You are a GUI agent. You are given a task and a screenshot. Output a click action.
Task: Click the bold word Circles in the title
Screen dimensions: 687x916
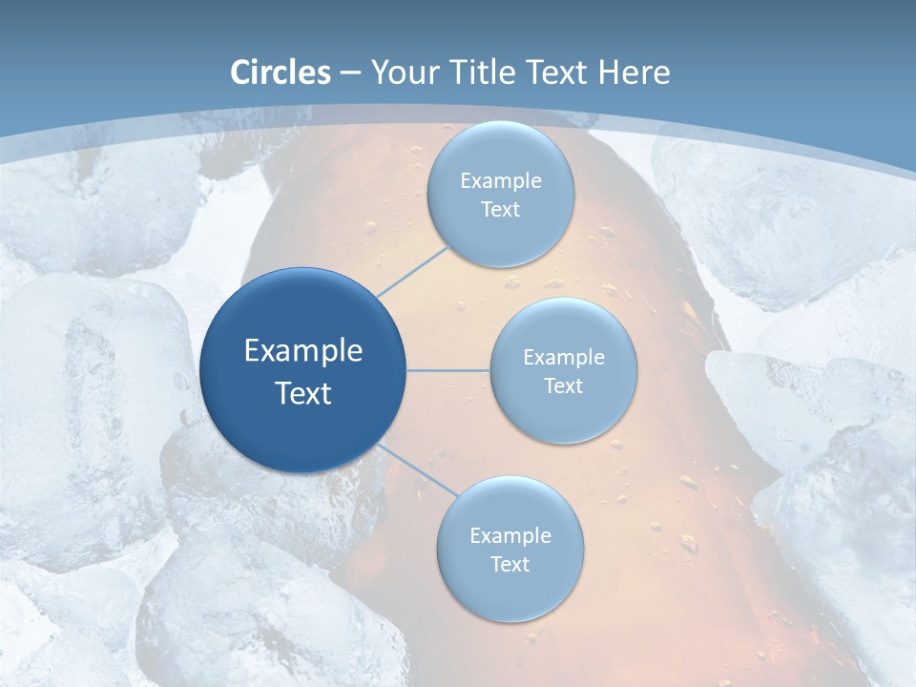281,73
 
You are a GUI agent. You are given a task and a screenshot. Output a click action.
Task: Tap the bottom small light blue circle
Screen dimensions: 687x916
510,592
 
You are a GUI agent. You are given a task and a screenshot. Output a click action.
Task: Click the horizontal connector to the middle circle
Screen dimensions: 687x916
448,370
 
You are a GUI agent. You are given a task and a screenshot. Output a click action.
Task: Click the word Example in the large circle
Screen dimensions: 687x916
303,351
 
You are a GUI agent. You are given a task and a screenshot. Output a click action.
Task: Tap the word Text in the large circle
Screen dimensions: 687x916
303,393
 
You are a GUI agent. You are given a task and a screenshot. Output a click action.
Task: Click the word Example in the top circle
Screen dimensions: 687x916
501,181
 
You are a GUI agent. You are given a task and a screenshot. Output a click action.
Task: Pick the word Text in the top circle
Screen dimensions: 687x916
501,210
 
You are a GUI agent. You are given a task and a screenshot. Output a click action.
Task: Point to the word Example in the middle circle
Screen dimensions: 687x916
564,358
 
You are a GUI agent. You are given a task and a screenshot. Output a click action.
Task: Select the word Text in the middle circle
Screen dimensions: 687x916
564,386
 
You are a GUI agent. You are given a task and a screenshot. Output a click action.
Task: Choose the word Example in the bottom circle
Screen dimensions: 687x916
510,536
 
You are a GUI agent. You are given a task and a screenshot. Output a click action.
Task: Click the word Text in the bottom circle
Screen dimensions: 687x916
510,565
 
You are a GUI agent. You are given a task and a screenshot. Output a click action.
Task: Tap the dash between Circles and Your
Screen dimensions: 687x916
350,73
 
